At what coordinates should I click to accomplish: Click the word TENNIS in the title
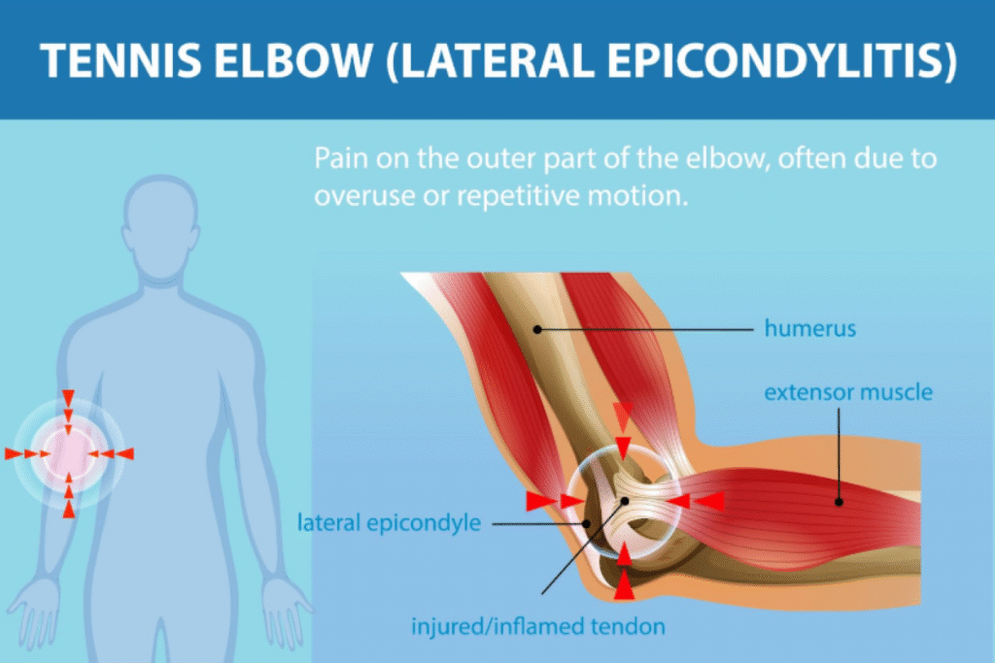pyautogui.click(x=120, y=60)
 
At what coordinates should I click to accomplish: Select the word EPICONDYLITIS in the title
pyautogui.click(x=781, y=61)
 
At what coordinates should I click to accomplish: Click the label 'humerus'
pyautogui.click(x=809, y=328)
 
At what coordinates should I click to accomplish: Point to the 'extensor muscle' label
pyautogui.click(x=848, y=392)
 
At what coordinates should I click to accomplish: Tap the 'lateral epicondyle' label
pyautogui.click(x=389, y=522)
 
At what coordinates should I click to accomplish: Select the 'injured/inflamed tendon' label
pyautogui.click(x=538, y=626)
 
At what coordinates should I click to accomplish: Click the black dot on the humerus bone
pyautogui.click(x=537, y=330)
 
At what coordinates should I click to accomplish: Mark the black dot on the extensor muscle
pyautogui.click(x=839, y=502)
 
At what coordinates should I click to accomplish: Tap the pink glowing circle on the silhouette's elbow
pyautogui.click(x=69, y=454)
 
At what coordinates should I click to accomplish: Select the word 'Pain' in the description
pyautogui.click(x=341, y=158)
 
